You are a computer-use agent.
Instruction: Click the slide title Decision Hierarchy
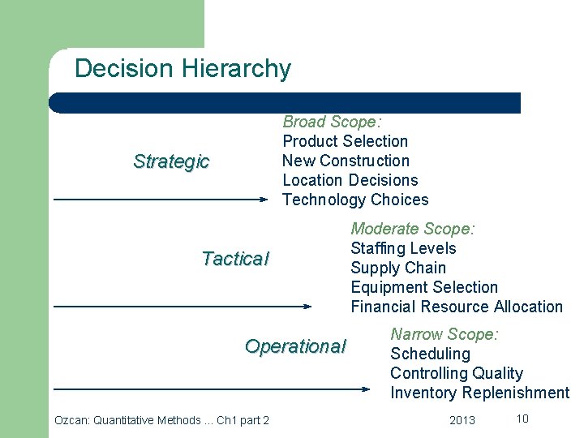182,69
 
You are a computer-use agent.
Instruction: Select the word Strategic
171,161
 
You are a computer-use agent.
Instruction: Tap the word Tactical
234,259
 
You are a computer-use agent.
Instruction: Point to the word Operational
295,346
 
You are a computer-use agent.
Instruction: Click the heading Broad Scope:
332,122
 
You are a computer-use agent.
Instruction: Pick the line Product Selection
345,141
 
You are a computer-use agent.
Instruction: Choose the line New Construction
346,161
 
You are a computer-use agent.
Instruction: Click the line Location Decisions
350,180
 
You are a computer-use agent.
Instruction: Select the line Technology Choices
354,200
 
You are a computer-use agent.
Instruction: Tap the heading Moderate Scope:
412,229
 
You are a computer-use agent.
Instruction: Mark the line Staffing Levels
403,248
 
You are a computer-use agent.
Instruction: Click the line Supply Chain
397,268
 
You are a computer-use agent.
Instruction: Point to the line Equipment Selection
424,287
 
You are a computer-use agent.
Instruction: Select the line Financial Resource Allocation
456,307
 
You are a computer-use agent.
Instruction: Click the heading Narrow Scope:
444,334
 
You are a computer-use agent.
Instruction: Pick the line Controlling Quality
456,373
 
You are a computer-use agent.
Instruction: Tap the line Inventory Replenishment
479,393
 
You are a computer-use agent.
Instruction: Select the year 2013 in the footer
462,420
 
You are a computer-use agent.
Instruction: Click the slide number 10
522,419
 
